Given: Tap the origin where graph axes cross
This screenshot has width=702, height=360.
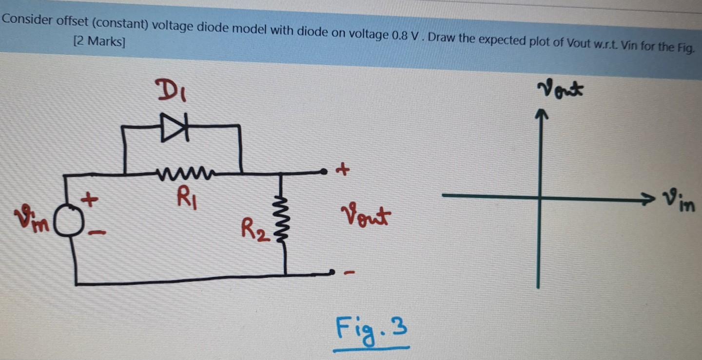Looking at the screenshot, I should pos(540,197).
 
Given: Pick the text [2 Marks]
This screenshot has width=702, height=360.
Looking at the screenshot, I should pos(98,41).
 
